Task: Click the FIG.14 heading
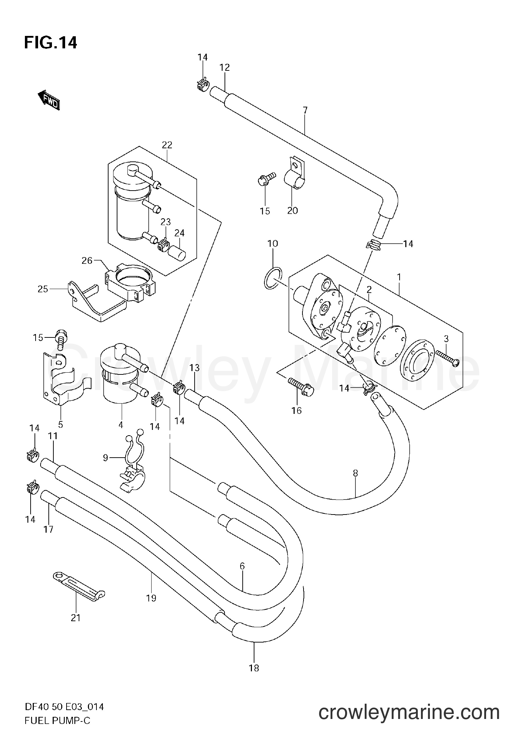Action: pyautogui.click(x=51, y=43)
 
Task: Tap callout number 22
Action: pyautogui.click(x=167, y=145)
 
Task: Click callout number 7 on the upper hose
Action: pyautogui.click(x=305, y=110)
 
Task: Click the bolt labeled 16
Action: pyautogui.click(x=302, y=387)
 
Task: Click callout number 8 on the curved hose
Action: pyautogui.click(x=355, y=473)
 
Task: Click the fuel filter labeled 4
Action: pyautogui.click(x=119, y=378)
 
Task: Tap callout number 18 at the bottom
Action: pyautogui.click(x=254, y=668)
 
